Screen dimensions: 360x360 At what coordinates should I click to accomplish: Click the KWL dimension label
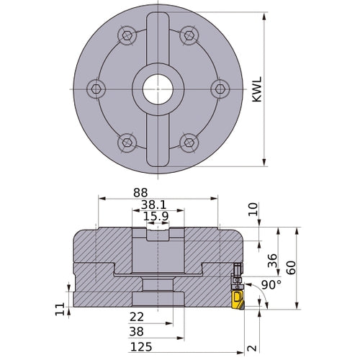click(257, 89)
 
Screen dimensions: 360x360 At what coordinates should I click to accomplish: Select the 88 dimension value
click(140, 192)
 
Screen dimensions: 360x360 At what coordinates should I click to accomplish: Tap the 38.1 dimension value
click(153, 205)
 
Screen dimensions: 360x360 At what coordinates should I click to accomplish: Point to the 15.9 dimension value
click(156, 216)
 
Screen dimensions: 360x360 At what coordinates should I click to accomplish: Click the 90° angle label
click(271, 285)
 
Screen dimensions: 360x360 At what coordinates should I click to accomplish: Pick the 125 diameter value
click(141, 347)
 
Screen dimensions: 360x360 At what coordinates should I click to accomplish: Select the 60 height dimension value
click(291, 268)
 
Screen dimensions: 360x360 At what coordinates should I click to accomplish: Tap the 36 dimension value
click(272, 261)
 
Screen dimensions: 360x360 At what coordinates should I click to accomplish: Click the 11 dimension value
click(60, 309)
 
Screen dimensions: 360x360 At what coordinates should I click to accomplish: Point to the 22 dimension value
click(137, 317)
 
